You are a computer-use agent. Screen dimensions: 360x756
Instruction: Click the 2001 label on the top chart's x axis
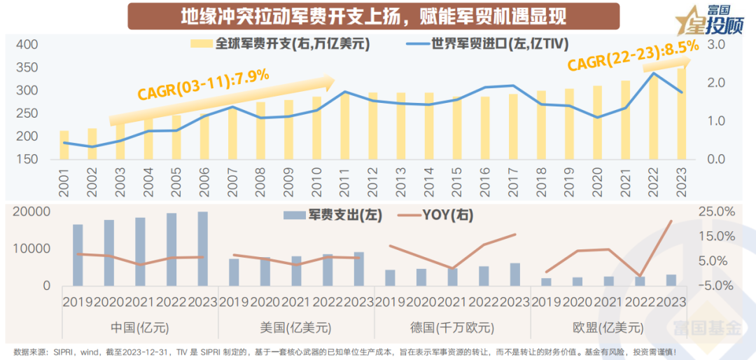click(64, 182)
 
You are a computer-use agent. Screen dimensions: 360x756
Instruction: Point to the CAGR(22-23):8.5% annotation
click(633, 55)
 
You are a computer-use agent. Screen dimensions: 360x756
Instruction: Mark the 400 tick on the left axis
click(26, 45)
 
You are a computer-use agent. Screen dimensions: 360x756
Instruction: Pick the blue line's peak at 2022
click(652, 73)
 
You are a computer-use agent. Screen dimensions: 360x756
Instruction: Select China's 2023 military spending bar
click(202, 249)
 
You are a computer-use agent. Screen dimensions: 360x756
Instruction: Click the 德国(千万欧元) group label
click(453, 327)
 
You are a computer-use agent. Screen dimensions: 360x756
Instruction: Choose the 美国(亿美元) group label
click(296, 327)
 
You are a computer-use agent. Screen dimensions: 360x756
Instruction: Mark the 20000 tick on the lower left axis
click(32, 212)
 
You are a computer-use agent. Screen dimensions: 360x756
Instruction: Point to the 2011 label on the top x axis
click(344, 182)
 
